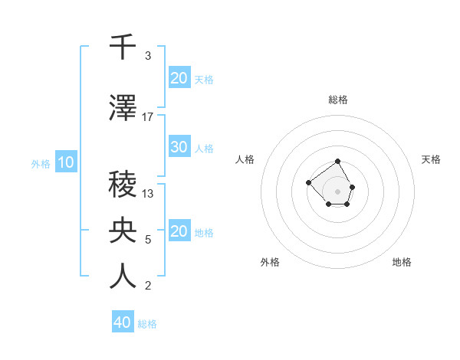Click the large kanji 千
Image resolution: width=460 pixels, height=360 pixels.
123,47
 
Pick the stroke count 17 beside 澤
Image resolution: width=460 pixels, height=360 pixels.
148,117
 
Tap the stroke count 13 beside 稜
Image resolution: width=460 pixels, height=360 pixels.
148,194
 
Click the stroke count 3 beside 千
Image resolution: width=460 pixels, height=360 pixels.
148,56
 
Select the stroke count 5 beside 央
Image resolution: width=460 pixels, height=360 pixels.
148,240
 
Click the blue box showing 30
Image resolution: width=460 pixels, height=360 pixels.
179,148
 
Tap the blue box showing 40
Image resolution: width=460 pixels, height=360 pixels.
123,322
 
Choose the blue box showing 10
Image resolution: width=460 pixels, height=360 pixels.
65,162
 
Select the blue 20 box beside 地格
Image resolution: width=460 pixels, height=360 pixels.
179,232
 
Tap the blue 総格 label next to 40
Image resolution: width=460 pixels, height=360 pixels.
148,324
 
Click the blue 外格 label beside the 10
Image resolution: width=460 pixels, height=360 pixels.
41,163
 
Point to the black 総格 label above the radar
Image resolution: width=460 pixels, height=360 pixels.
338,100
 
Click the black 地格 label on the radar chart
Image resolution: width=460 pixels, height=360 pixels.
402,263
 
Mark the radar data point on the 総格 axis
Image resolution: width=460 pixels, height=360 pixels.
338,162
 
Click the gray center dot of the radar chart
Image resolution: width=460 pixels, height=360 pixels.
338,191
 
